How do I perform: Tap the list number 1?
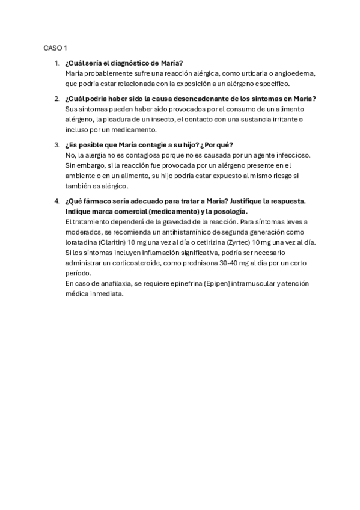[x=56, y=63]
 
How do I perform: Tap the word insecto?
[x=156, y=119]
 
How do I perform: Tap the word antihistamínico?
[x=165, y=232]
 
